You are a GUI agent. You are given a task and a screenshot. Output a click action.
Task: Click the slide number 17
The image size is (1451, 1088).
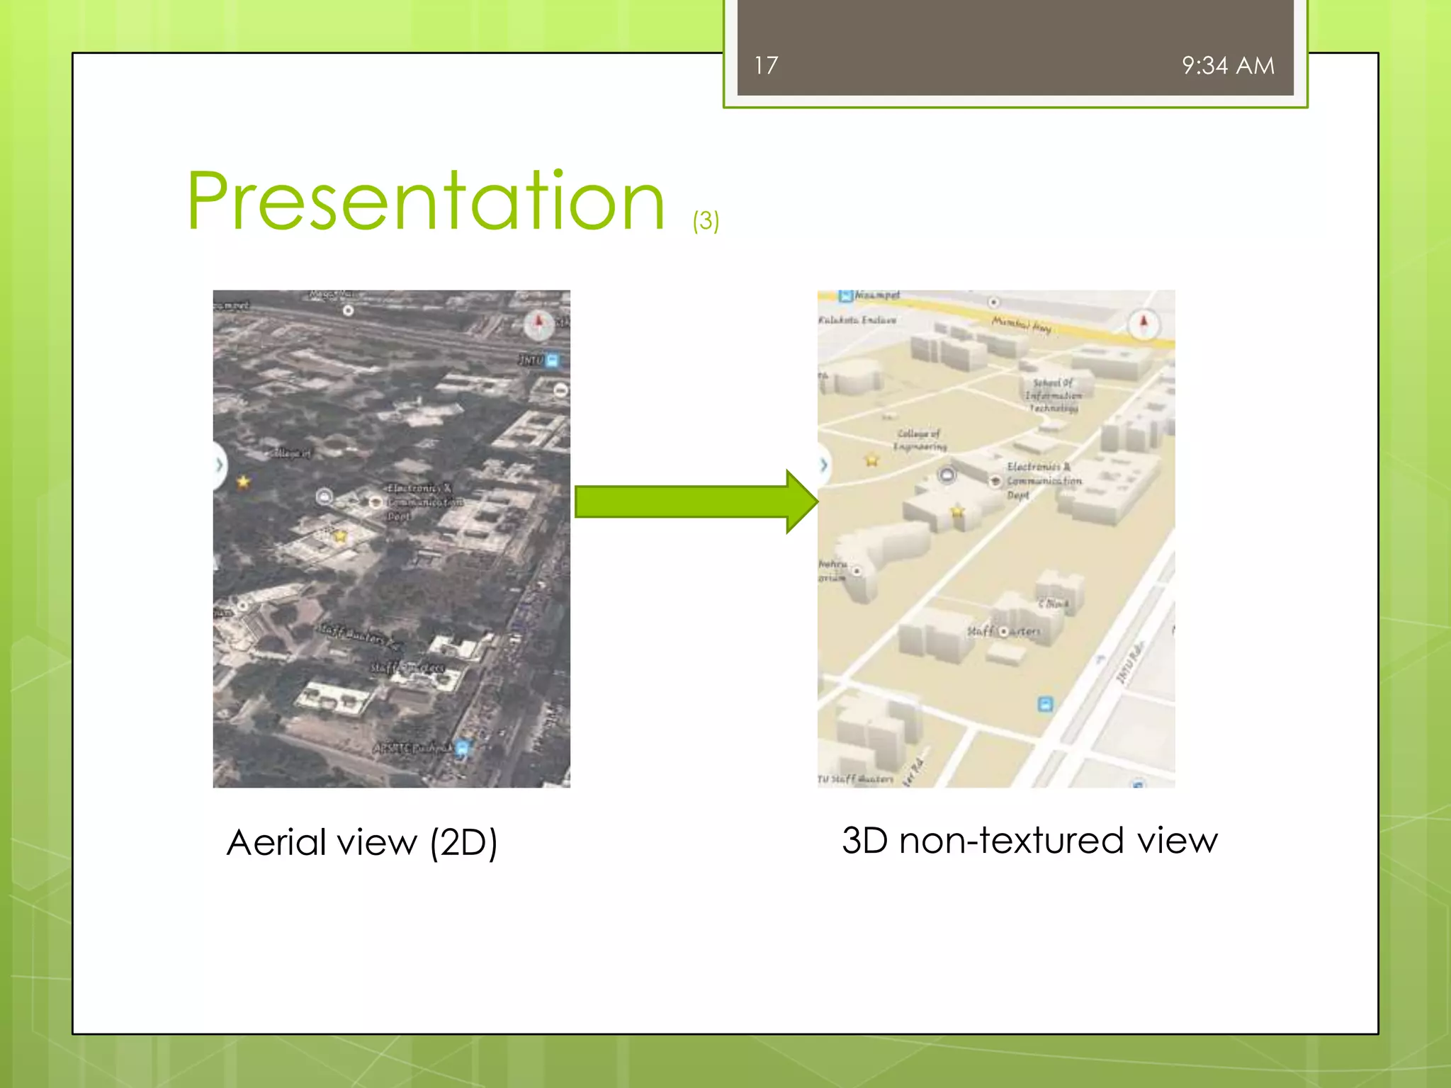coord(766,66)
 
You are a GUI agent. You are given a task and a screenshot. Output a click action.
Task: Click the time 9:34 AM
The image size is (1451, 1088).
coord(1228,66)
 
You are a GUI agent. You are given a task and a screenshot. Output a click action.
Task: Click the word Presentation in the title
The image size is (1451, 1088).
coord(426,202)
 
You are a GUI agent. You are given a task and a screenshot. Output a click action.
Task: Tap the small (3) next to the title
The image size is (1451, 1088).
coord(706,220)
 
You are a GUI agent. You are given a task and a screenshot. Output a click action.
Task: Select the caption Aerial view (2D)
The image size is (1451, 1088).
coord(362,842)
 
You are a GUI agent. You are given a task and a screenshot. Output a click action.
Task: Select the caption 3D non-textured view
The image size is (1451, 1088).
coord(1029,841)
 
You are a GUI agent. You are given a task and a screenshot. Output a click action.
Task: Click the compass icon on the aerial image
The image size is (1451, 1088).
coord(538,324)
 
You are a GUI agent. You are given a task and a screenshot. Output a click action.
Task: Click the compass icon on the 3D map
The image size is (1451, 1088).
coord(1143,324)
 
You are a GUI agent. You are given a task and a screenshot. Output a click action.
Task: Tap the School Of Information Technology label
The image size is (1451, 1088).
coord(1054,395)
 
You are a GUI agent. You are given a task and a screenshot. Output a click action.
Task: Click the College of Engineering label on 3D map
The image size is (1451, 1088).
coord(919,440)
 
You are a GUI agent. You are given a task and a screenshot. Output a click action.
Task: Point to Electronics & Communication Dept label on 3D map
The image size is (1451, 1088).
coord(1043,480)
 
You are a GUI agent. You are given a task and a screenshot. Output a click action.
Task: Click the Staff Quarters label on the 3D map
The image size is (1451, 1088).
coord(1004,630)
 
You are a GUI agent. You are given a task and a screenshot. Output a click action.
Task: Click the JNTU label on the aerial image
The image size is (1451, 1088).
coord(531,361)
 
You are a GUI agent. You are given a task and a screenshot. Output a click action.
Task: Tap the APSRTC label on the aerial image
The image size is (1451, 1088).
coord(412,748)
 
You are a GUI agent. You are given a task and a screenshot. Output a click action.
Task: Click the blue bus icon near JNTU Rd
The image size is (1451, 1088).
coord(1045,703)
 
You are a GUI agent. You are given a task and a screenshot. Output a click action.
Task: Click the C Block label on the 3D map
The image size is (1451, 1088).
coord(1053,603)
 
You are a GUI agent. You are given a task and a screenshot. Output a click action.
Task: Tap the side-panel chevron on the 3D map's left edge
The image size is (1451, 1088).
coord(823,465)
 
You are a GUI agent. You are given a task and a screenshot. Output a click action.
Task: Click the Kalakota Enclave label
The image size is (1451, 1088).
coord(857,320)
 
